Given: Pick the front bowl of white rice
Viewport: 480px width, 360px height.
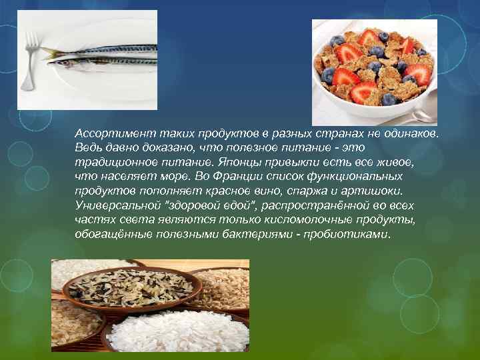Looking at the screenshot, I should (175, 331).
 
